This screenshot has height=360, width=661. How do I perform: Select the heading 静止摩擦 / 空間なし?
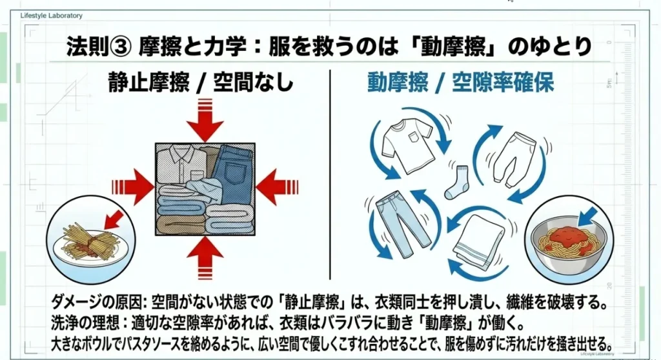click(x=201, y=83)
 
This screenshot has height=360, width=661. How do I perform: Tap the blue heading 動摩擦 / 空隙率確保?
click(x=461, y=83)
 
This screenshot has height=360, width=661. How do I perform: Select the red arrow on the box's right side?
click(x=276, y=187)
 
